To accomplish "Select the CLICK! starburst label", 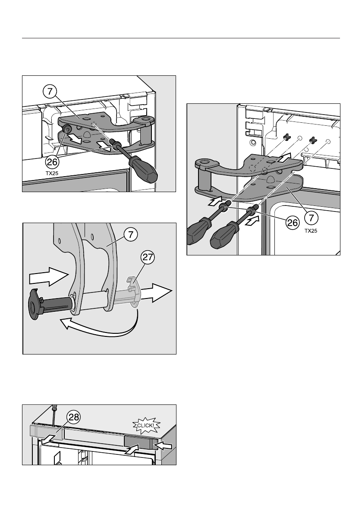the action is [147, 426].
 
